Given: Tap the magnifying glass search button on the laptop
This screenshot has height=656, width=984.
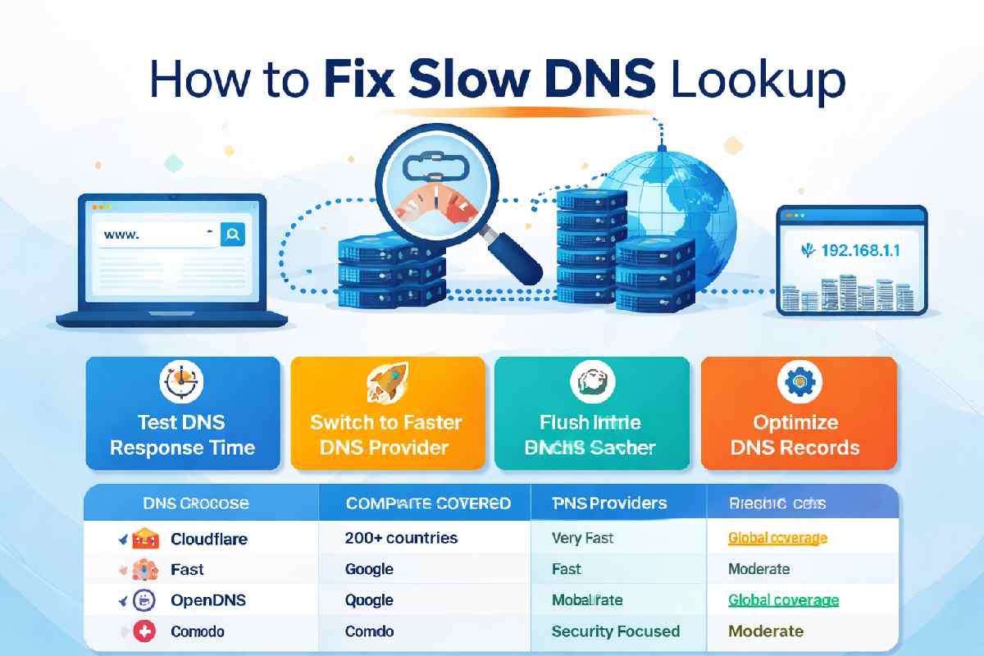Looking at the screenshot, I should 233,235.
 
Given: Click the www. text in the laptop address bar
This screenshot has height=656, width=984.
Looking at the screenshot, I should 122,235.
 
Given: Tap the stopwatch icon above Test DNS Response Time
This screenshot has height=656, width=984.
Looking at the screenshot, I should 180,382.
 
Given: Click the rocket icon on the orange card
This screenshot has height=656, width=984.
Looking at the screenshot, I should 385,382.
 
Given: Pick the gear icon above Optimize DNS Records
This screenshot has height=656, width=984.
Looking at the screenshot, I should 795,382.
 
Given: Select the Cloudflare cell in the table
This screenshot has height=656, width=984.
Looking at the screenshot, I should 208,539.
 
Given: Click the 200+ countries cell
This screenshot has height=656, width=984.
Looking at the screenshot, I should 401,538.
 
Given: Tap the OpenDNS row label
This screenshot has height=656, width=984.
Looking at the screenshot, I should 208,600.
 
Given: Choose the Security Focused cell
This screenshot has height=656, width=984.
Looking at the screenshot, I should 616,631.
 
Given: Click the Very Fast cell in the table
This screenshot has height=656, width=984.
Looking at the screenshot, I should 583,538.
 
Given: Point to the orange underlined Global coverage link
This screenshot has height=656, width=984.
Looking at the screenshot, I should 777,538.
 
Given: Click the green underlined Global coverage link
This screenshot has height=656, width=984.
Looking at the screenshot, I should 783,600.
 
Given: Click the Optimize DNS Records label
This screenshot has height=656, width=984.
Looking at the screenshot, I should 795,435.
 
